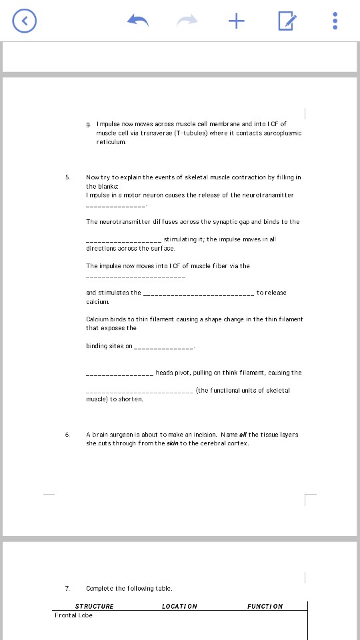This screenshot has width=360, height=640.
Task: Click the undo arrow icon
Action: [138, 21]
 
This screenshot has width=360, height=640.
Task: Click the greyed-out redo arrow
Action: [187, 21]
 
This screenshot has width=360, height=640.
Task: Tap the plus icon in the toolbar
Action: [236, 21]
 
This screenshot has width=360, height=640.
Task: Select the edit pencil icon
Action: [286, 21]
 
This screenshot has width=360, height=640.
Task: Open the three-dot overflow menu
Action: [335, 21]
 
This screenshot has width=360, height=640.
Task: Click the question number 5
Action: [67, 177]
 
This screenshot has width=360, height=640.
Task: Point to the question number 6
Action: [67, 434]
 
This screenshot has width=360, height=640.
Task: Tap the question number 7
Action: [67, 589]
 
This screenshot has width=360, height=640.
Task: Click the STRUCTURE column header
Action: [94, 607]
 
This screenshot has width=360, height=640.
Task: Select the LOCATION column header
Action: [179, 607]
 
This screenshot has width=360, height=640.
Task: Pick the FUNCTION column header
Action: [265, 607]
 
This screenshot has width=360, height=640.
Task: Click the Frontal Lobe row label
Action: [74, 615]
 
